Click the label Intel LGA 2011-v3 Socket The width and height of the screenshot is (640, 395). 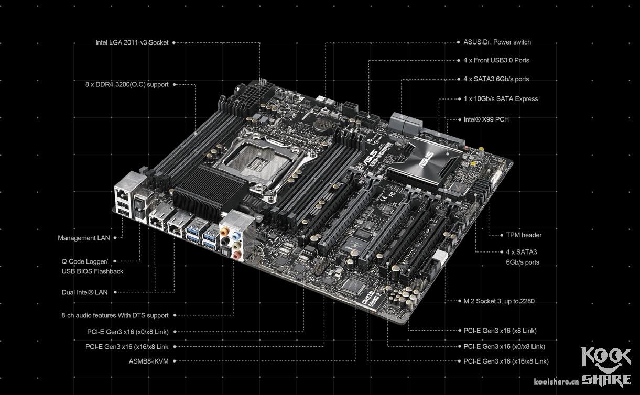[x=132, y=42]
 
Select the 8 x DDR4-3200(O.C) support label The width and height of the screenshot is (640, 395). [x=127, y=84]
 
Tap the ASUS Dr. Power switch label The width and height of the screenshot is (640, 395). [x=497, y=42]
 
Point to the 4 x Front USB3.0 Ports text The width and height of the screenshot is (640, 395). [x=496, y=60]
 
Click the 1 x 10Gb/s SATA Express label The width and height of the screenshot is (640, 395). [x=501, y=99]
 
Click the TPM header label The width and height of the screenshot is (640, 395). [x=524, y=235]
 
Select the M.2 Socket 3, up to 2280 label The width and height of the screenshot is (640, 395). [x=499, y=301]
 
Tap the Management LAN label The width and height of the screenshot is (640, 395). [x=84, y=238]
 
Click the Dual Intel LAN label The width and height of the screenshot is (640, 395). [x=84, y=292]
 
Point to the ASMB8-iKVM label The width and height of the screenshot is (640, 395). [x=148, y=361]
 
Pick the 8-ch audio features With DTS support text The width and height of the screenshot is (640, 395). [x=115, y=315]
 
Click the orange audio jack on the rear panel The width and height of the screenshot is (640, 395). [x=225, y=231]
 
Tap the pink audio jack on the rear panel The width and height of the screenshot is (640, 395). [x=236, y=255]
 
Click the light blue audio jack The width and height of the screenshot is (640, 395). [x=236, y=236]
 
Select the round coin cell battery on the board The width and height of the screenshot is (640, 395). [x=323, y=125]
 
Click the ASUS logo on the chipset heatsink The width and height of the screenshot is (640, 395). [x=426, y=161]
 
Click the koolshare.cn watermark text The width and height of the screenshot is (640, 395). [x=556, y=381]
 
